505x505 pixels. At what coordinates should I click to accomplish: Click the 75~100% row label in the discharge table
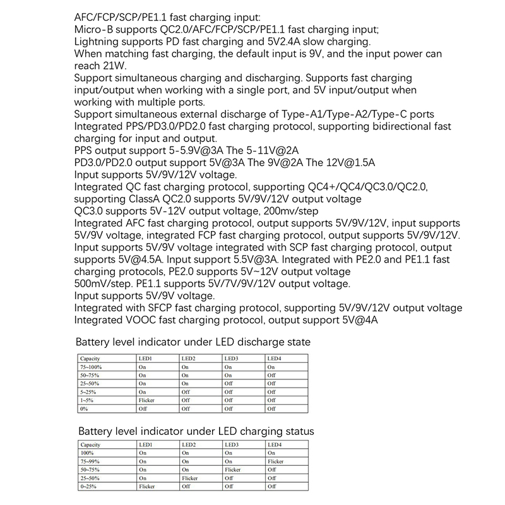pos(91,367)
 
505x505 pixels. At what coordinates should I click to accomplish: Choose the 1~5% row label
pos(86,400)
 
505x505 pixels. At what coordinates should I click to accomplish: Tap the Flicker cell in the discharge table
pos(146,400)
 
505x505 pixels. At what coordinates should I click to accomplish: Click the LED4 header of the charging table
pos(275,445)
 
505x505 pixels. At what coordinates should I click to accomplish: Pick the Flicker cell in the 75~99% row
pos(275,461)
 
